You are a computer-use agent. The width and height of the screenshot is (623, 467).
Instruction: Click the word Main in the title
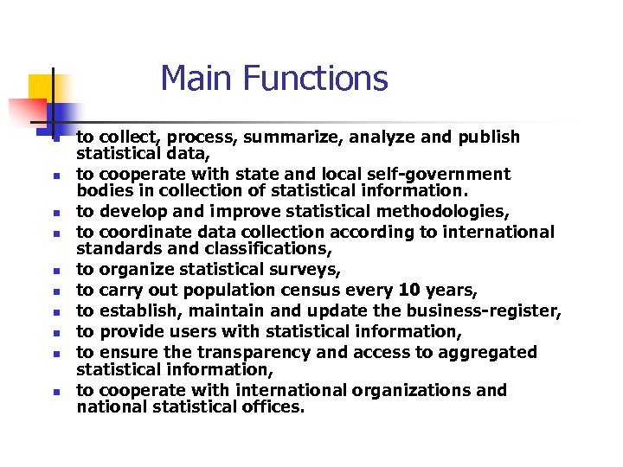pyautogui.click(x=198, y=79)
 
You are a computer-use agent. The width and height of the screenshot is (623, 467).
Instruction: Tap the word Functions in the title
pyautogui.click(x=315, y=79)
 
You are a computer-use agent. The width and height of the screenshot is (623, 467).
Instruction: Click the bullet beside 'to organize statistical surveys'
pyautogui.click(x=54, y=271)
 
